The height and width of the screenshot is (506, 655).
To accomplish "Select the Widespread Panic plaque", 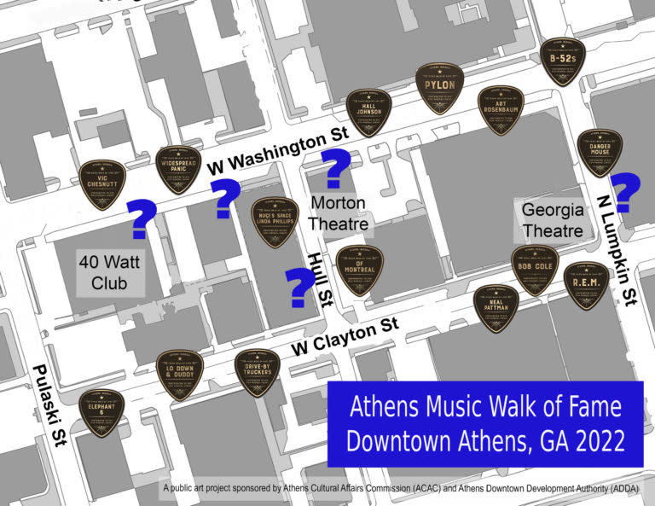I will tap(179, 169).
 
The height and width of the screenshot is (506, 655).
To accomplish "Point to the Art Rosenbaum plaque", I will tap(501, 111).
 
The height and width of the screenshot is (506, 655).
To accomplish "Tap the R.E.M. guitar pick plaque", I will tap(588, 284).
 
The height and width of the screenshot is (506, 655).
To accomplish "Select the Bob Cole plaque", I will tap(535, 270).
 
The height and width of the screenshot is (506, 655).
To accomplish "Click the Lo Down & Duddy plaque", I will tap(180, 374).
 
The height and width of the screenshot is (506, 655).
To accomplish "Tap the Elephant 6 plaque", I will tap(102, 413).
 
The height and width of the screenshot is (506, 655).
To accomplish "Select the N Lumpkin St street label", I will tap(619, 249).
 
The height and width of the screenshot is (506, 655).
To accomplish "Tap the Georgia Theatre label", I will tap(554, 219).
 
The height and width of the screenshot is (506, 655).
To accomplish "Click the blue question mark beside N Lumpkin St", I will tap(626, 192).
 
